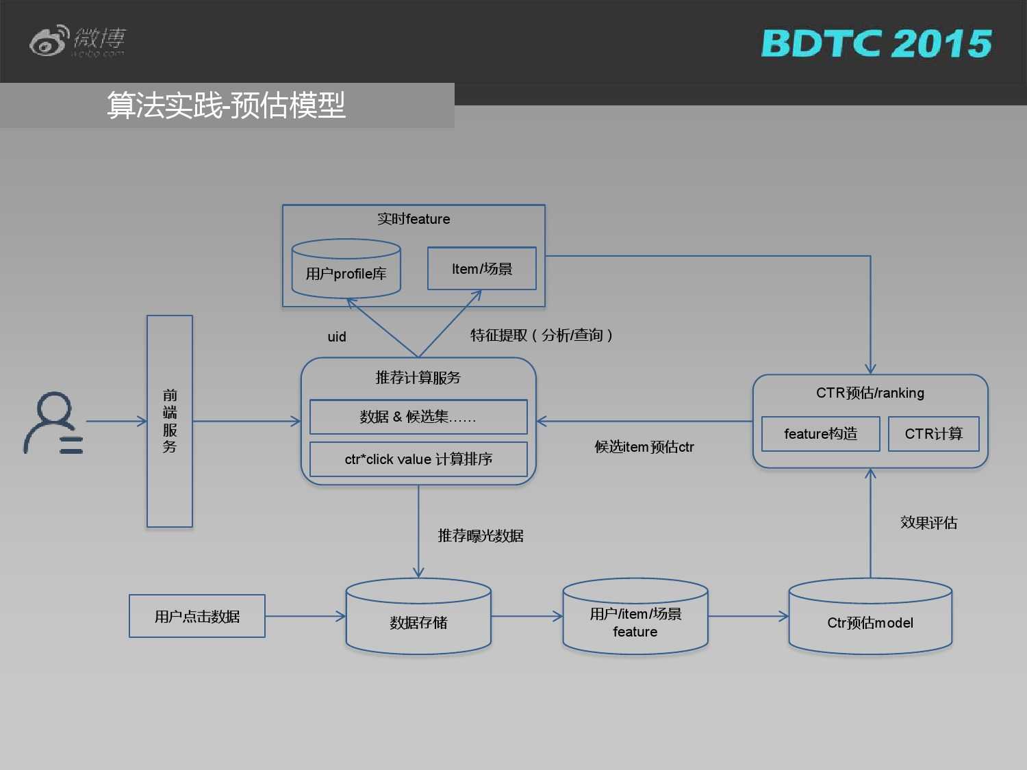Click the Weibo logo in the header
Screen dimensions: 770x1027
(77, 41)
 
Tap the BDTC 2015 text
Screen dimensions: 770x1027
(876, 44)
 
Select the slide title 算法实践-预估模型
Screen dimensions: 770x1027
(226, 105)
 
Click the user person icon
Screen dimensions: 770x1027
(53, 423)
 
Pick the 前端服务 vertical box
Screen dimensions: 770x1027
(170, 421)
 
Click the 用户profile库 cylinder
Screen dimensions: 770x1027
(346, 270)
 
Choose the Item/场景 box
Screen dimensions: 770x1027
(482, 269)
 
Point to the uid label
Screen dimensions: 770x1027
(337, 337)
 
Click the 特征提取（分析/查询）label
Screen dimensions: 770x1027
(541, 335)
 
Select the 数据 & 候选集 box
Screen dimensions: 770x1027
(418, 417)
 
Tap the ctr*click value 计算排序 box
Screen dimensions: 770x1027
(418, 459)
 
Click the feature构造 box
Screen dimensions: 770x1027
(820, 434)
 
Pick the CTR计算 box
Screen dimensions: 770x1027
(933, 434)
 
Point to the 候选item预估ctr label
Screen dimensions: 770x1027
(644, 447)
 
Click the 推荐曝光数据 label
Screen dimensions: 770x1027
(481, 536)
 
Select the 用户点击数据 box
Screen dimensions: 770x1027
(197, 617)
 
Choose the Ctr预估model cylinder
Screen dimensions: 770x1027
(870, 619)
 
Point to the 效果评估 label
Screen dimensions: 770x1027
(928, 523)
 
